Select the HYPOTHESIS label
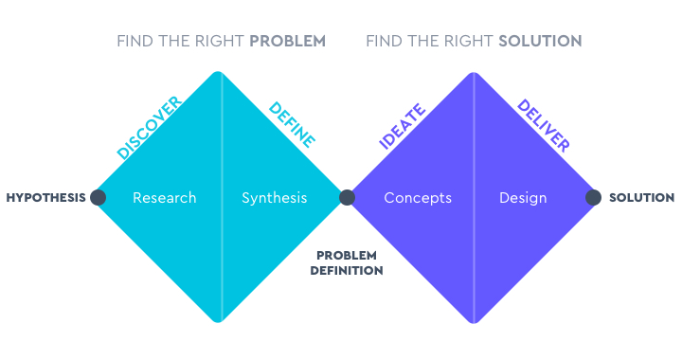click(x=45, y=198)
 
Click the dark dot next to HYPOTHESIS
click(x=98, y=198)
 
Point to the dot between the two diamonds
click(x=347, y=198)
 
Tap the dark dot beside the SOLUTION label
click(x=594, y=198)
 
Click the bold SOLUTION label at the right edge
click(x=641, y=198)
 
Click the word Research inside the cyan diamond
click(x=165, y=198)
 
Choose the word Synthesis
click(x=275, y=198)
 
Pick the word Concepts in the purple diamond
click(x=418, y=198)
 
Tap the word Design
click(x=523, y=198)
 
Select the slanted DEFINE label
click(x=292, y=124)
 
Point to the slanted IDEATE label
click(x=403, y=127)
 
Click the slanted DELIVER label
click(x=543, y=126)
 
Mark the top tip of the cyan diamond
click(x=222, y=73)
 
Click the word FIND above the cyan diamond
click(x=133, y=42)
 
